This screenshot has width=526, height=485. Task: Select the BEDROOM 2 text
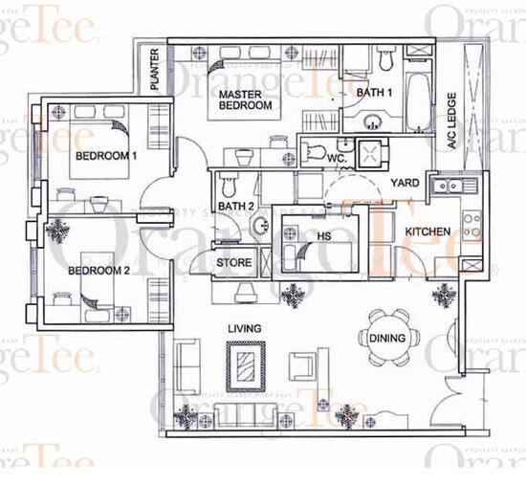(x=99, y=271)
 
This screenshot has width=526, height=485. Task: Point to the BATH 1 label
(x=374, y=93)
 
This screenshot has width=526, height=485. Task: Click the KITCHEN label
(x=427, y=232)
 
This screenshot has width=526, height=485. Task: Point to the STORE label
(x=233, y=262)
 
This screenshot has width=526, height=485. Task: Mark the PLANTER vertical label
(x=154, y=70)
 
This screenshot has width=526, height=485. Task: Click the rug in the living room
(x=246, y=365)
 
